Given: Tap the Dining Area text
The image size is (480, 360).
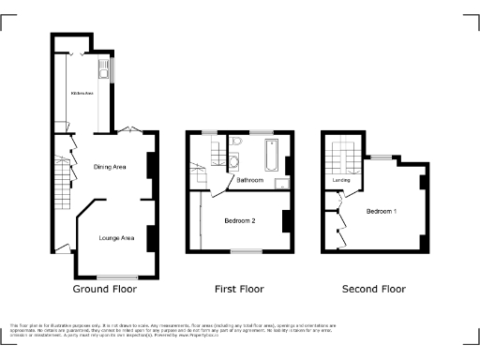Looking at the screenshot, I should [112, 167].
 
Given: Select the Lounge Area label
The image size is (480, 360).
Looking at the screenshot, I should [116, 238].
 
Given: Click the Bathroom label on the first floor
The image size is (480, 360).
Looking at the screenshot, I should [249, 179].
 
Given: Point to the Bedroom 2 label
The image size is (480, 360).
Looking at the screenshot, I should [241, 220].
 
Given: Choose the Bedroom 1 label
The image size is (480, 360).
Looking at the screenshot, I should [382, 211].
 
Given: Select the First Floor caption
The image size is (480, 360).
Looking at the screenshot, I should [240, 289].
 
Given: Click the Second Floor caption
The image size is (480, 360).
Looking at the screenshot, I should [373, 289].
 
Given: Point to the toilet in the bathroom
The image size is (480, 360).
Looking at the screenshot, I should [236, 142].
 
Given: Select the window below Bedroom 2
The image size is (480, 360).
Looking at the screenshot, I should [246, 250].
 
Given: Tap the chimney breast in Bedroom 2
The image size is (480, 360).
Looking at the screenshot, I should [287, 221].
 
